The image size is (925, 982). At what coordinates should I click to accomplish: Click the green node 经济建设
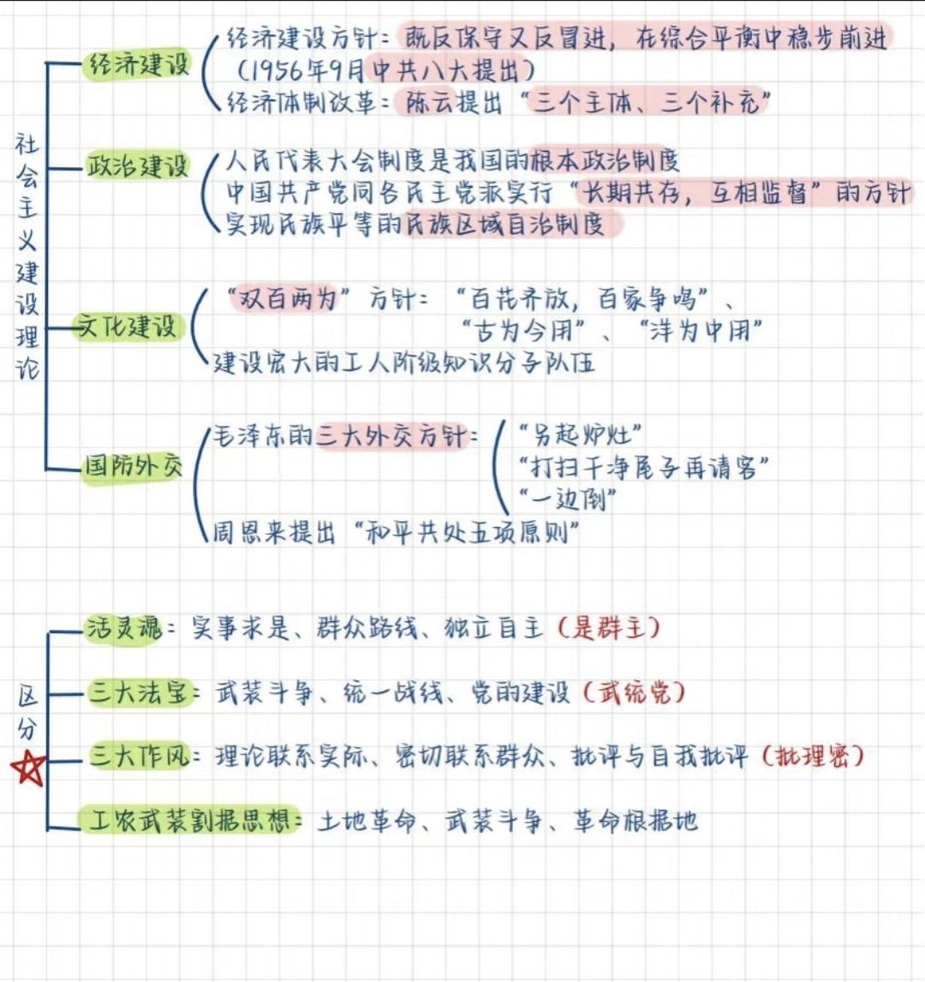pos(137,65)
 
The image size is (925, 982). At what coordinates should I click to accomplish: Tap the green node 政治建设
pos(137,165)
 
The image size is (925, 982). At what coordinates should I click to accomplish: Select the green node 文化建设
pos(127,326)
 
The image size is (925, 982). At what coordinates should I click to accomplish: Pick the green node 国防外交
pos(133,467)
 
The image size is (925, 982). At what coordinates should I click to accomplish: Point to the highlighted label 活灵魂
pos(123,629)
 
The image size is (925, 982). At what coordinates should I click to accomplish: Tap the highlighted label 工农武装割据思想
pos(192,820)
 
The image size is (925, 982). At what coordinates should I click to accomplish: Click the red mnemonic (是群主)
pos(608,628)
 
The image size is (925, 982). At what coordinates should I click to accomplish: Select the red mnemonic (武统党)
pos(634,692)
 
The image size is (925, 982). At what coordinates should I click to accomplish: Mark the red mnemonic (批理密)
pos(813,756)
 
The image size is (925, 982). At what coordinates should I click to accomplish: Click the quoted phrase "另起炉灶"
pos(582,434)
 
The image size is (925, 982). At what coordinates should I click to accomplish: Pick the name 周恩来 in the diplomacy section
pos(252,532)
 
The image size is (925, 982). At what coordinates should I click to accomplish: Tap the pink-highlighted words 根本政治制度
pos(605,160)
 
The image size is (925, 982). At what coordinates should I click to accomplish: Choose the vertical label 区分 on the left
pos(27,713)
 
